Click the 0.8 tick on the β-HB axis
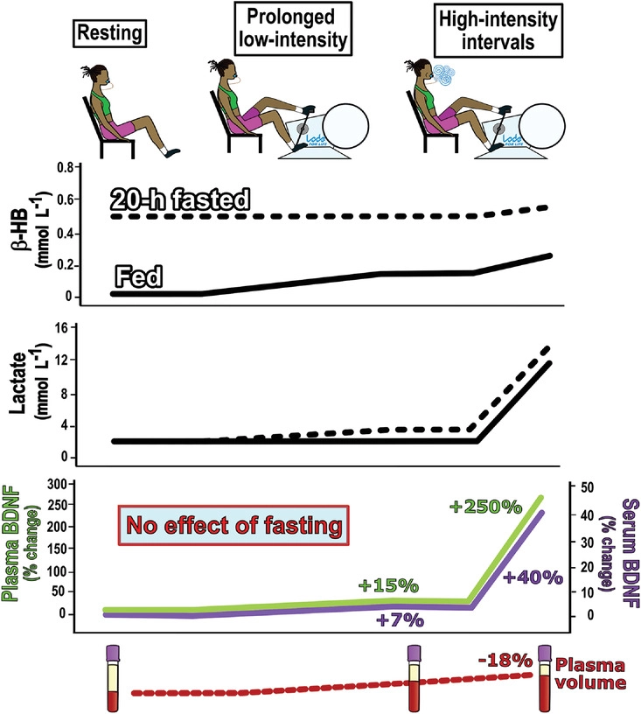pos(59,166)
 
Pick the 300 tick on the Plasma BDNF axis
pos(56,484)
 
